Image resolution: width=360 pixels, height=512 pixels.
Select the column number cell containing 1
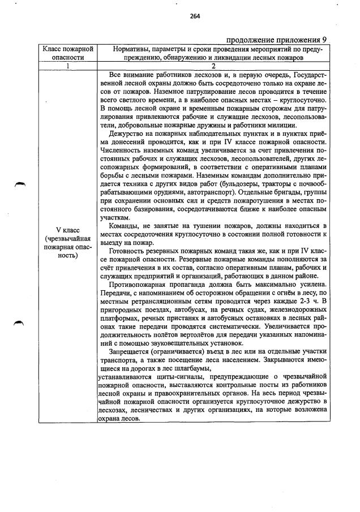68,66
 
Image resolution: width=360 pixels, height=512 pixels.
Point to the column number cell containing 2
214,66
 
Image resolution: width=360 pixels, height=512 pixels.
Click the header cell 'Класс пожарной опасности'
68,53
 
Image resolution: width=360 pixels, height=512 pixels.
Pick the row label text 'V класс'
68,230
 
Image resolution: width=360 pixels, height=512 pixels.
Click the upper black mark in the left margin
21,184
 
